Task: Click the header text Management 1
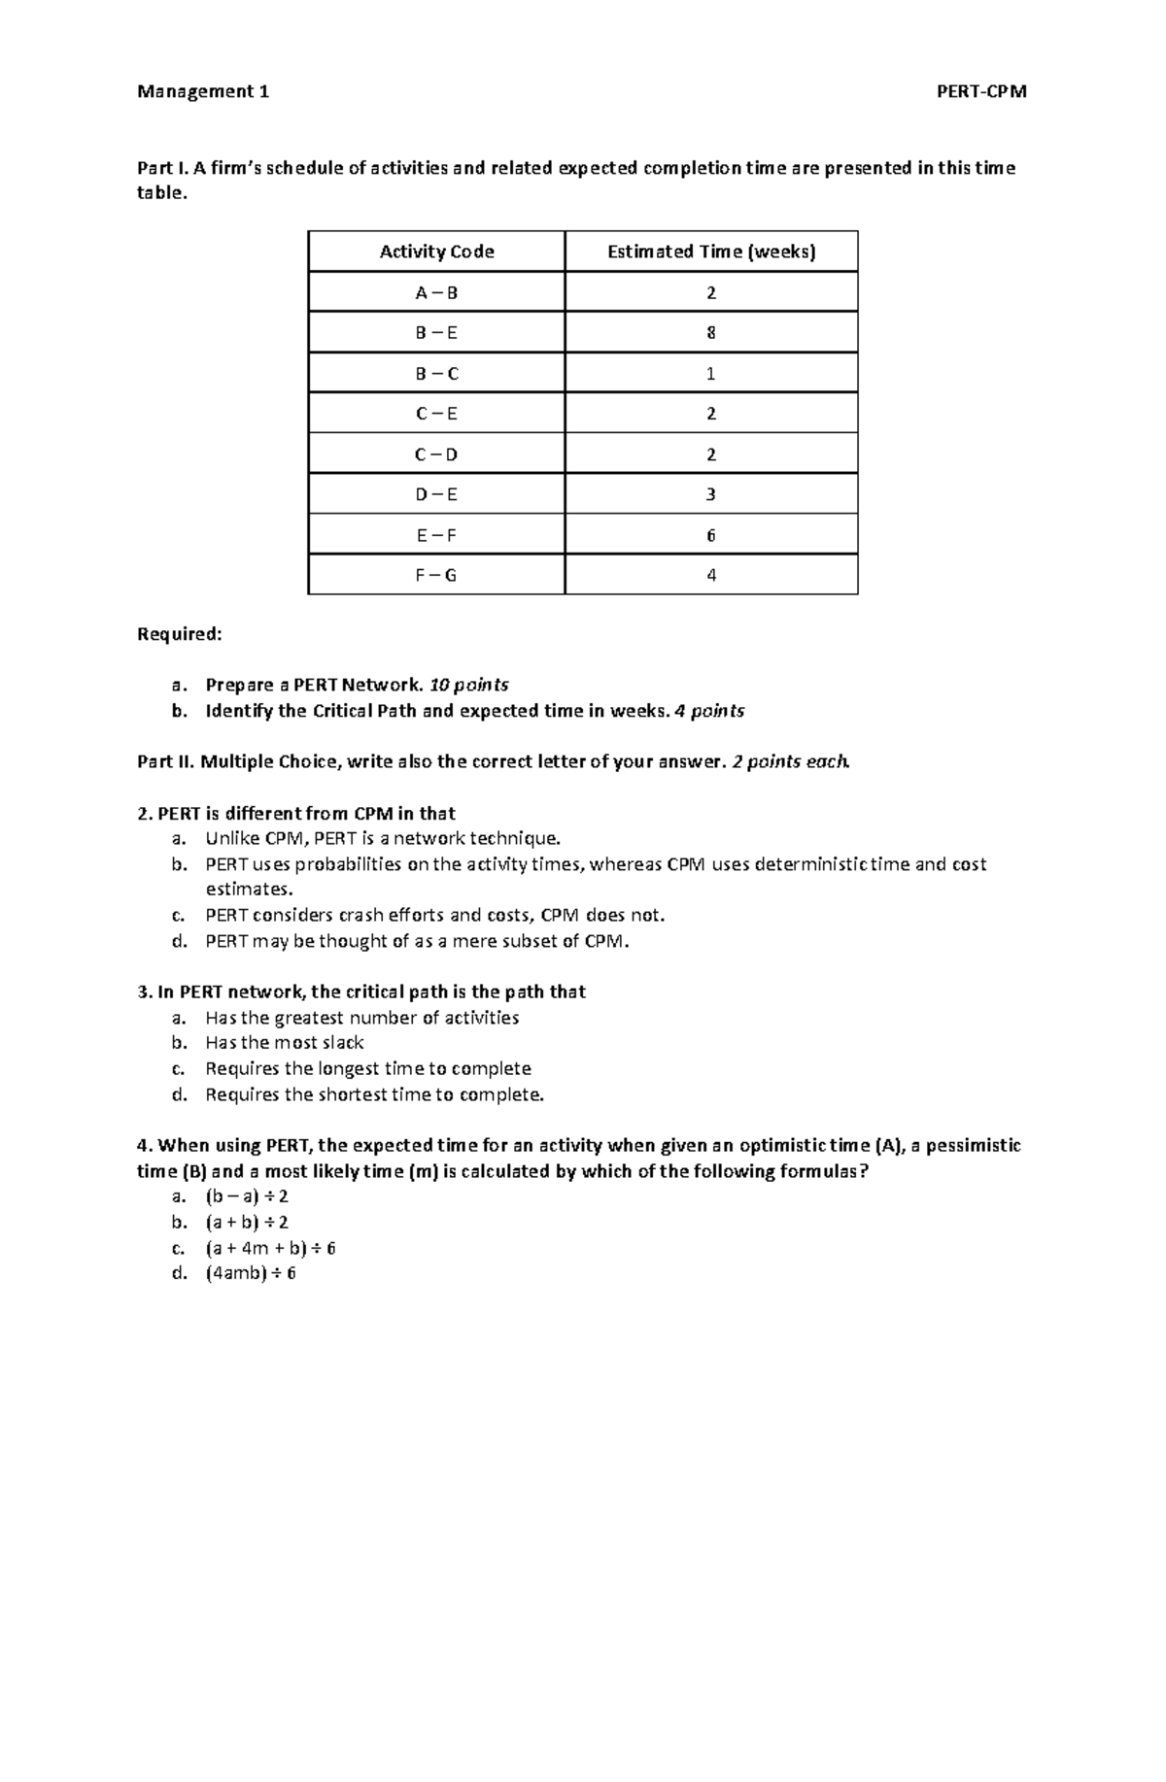click(203, 92)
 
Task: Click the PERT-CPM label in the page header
click(980, 92)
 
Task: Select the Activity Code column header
click(436, 252)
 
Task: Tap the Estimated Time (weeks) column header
click(711, 252)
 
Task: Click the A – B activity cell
click(436, 292)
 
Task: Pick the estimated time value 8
click(711, 333)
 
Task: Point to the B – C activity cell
click(436, 374)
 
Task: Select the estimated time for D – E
click(711, 494)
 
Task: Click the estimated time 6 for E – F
click(711, 535)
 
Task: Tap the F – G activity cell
click(436, 575)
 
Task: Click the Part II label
click(165, 761)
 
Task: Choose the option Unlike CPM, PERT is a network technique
click(383, 838)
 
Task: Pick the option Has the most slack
click(284, 1043)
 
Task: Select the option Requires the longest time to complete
click(367, 1068)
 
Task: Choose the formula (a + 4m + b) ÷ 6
click(269, 1248)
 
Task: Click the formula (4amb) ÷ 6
click(250, 1273)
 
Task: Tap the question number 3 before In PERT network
click(143, 992)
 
